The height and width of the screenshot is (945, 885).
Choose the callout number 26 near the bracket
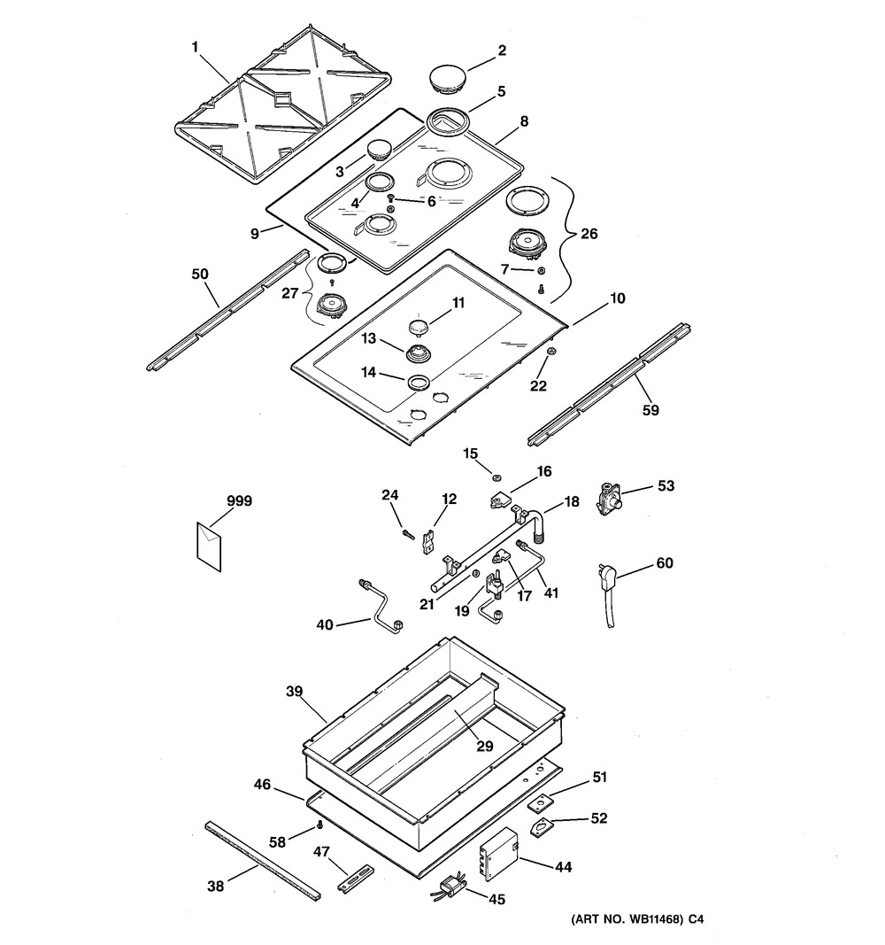pos(589,235)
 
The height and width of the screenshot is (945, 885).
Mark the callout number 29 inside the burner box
pos(484,747)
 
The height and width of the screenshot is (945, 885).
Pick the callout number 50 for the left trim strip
pos(200,275)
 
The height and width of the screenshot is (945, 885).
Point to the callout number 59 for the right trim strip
pos(650,410)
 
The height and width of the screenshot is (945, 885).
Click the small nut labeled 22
pos(550,353)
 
